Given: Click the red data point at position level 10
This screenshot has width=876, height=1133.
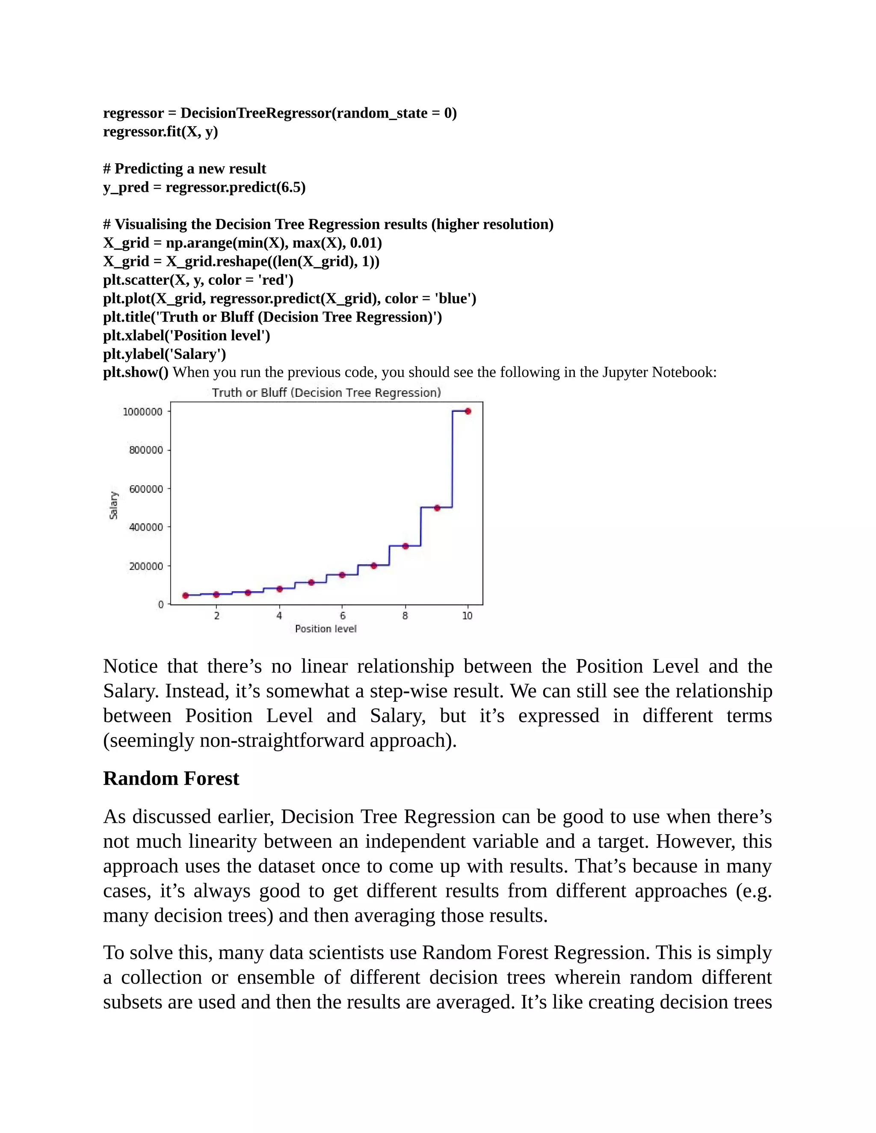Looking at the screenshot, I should point(468,411).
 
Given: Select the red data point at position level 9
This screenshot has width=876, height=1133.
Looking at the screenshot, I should point(437,508).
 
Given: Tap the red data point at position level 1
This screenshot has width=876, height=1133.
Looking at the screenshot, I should point(185,596).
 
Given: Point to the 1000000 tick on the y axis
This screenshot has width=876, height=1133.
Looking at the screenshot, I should point(142,412).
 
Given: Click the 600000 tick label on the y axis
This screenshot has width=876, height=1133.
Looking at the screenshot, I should point(146,489).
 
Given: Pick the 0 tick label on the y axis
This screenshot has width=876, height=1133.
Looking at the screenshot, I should point(161,605).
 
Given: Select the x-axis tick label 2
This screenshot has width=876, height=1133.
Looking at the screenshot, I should point(216,616).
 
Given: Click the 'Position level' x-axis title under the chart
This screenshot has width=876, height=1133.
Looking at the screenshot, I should point(326,629).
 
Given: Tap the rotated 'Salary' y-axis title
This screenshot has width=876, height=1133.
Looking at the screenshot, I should point(114,505).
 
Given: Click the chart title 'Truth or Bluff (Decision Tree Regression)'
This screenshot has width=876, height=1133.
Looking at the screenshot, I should point(326,393).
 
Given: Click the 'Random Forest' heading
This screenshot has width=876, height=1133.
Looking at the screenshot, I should point(171,779).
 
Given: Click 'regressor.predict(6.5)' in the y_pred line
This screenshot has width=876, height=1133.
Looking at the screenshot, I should point(235,187).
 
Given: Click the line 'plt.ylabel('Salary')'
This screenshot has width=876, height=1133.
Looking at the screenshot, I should point(165,354).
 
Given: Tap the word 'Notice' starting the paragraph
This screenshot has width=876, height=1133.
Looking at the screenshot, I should point(130,666).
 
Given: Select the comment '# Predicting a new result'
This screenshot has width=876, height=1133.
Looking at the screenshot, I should point(184,168).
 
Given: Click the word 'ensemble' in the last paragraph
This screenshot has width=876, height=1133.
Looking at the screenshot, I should point(275,977).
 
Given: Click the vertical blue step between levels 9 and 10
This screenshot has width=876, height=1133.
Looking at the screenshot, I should point(453,459).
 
